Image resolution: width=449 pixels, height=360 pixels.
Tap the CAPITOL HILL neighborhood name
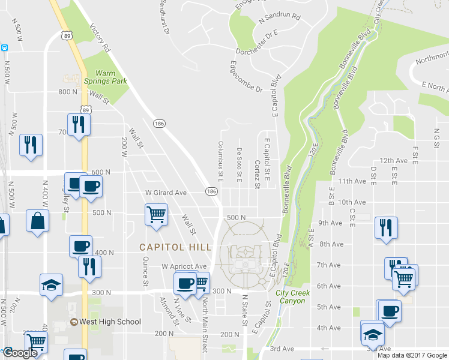pos(175,247)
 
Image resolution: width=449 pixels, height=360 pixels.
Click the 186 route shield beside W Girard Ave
pos(211,191)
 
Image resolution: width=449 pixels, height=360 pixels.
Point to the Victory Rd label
pos(100,38)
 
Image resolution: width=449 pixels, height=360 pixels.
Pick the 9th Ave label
pos(346,223)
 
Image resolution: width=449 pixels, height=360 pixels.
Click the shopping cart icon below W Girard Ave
pos(156,214)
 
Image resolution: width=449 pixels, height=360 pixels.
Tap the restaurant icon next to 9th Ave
pos(385,227)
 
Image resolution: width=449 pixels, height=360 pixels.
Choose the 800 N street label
pos(68,92)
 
